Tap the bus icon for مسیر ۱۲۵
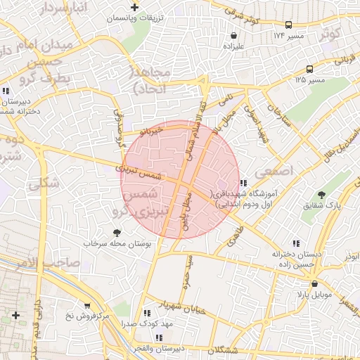[309, 69]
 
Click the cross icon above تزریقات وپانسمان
[144, 7]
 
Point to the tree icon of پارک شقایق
[321, 195]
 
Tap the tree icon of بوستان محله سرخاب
[117, 233]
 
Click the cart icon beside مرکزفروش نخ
[86, 306]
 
